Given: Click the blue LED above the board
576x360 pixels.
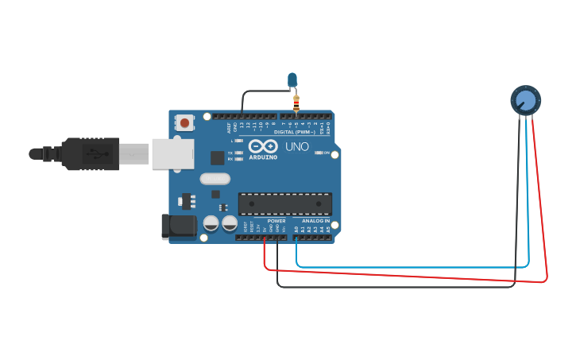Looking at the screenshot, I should [292, 79].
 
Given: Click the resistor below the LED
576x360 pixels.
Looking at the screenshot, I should [296, 103].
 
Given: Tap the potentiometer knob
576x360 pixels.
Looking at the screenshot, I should [525, 100].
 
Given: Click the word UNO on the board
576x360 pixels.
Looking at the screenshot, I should [297, 146].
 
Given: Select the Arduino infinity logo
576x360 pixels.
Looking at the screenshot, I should [262, 146].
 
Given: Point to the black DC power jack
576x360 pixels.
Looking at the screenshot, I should [179, 226].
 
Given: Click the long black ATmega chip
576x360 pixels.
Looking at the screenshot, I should [285, 203].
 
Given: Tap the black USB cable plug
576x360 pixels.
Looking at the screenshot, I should [91, 153].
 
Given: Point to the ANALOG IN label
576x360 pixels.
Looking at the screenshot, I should [316, 221].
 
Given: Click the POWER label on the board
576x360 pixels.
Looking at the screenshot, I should [276, 221].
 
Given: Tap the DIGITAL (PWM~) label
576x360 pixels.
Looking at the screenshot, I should [294, 132].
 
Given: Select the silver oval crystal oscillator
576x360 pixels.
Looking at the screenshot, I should [215, 179].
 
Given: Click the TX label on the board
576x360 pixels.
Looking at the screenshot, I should [230, 153].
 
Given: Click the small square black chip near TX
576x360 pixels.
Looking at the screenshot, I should [217, 157].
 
